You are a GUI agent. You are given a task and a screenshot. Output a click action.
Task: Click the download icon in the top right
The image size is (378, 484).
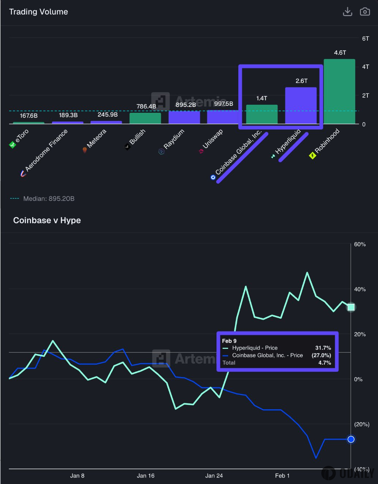point(347,12)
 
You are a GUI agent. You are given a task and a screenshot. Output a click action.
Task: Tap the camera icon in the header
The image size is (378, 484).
point(365,12)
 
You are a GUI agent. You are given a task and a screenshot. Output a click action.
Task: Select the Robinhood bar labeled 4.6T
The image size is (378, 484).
point(339,92)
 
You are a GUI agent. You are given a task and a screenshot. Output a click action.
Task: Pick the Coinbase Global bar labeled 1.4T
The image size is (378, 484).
point(262,114)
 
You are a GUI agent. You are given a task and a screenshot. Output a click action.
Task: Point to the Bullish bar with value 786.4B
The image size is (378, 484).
point(145,118)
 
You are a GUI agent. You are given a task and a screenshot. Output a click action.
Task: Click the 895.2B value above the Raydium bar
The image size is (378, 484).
point(186,105)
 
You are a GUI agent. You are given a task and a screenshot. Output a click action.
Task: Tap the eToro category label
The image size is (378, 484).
point(22,136)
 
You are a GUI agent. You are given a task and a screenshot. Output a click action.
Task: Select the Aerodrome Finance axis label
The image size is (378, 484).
point(46,150)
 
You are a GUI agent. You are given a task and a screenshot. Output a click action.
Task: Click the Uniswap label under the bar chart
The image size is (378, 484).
point(212,139)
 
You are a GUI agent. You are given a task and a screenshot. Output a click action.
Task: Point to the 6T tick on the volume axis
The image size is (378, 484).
point(366,38)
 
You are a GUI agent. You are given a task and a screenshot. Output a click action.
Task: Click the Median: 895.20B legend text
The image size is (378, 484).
point(49,198)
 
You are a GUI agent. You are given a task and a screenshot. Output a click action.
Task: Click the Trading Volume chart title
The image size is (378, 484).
point(38,12)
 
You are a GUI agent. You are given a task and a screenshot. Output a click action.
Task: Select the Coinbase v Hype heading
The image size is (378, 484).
point(47,220)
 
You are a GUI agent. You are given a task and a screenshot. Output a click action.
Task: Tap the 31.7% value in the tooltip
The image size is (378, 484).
point(323,348)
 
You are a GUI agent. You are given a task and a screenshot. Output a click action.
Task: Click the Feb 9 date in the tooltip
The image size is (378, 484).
point(229,341)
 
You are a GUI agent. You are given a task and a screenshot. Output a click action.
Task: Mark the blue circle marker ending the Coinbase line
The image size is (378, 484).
point(351,439)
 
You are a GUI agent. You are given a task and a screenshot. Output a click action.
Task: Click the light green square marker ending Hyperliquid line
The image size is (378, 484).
point(351,307)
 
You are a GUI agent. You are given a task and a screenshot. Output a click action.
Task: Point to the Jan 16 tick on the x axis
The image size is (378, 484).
point(145,476)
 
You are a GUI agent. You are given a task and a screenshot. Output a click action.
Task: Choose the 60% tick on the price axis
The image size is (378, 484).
point(360,244)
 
